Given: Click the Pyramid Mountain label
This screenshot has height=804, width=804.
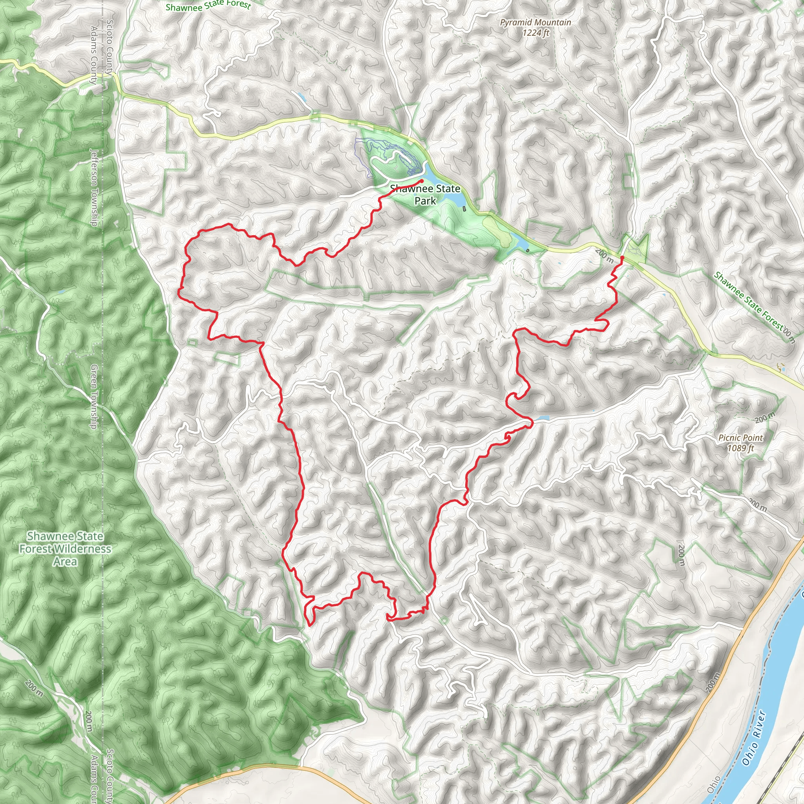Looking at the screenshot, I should (535, 22).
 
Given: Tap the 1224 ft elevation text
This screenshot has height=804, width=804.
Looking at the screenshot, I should (535, 32).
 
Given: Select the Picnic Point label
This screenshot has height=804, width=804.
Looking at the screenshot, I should (740, 438).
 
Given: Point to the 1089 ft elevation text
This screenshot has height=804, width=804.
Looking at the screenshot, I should (740, 448).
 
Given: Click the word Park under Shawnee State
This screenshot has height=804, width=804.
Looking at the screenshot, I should (425, 201).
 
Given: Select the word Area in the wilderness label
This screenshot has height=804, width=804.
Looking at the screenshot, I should (65, 561).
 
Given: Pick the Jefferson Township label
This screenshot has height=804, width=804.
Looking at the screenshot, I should (94, 188).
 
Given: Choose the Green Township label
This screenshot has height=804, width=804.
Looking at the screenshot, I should (94, 397).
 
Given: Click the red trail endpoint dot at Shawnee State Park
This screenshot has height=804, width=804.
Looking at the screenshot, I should (422, 181).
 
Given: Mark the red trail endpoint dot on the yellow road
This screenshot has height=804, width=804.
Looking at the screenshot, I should (622, 258).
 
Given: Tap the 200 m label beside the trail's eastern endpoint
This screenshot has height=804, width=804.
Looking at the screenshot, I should (604, 256).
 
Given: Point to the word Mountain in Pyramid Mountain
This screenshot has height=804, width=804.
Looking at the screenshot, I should (553, 22).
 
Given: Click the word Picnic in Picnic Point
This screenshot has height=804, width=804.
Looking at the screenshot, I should (729, 438).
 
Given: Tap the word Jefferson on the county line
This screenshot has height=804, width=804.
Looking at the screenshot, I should (94, 167).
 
